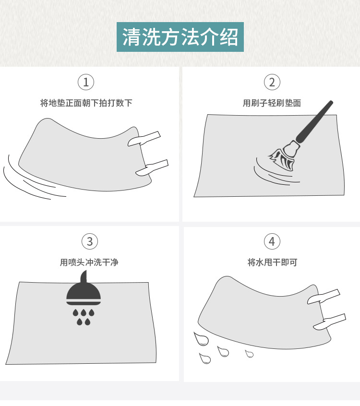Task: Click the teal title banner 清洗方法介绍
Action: [180, 37]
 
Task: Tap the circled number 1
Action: [86, 82]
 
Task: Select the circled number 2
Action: [272, 82]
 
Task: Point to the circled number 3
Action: [90, 241]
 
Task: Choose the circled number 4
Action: [272, 241]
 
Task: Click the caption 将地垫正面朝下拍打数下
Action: [86, 103]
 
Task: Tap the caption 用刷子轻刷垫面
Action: [272, 103]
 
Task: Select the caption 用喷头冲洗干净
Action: [89, 263]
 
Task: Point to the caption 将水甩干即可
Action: [272, 263]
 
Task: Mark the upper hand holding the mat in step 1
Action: [144, 139]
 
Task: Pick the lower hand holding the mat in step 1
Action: [152, 168]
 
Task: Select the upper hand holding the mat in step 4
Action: [324, 297]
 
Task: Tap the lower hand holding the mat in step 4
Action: [329, 322]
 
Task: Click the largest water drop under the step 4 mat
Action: [201, 339]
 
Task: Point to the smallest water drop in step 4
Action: [250, 354]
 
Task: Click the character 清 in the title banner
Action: [132, 37]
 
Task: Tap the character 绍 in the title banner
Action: [228, 37]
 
